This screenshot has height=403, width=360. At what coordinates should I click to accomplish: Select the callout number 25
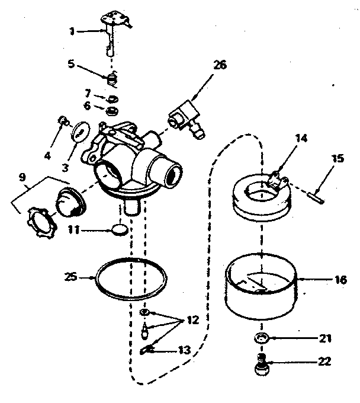point(70,276)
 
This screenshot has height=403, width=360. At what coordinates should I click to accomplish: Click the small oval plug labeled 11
point(120,228)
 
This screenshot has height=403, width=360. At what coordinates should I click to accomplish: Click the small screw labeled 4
point(61,121)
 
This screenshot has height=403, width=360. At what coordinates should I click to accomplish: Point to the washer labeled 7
point(111,98)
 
